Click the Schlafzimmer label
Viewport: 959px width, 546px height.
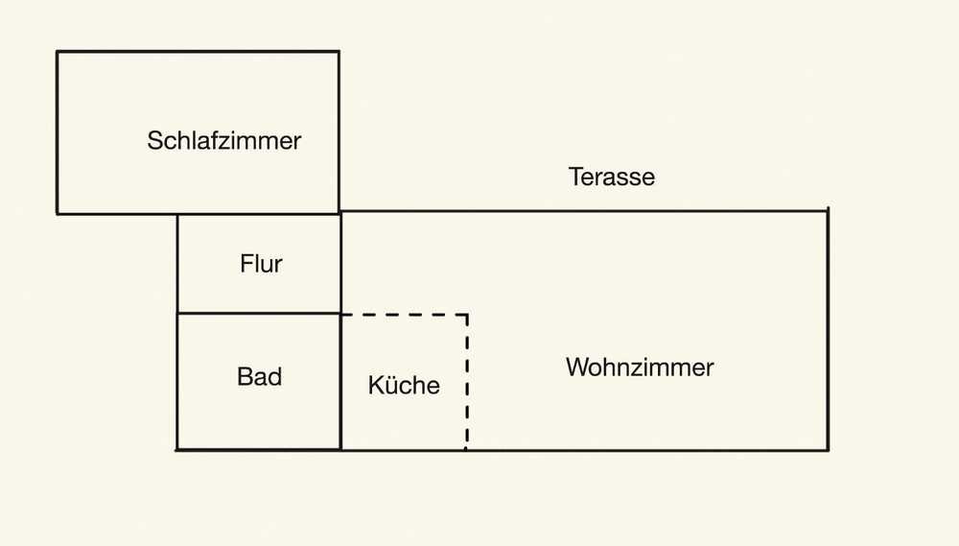(223, 141)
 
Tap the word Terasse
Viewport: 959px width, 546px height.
(611, 177)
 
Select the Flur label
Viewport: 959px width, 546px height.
(261, 263)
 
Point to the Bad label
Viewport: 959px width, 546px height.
(259, 376)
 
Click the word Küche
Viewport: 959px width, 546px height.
(404, 386)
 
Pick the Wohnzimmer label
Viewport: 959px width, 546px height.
(640, 367)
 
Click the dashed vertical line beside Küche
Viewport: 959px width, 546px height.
(467, 384)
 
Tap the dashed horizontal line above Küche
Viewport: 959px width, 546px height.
(403, 315)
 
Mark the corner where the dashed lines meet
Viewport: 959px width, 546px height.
(467, 315)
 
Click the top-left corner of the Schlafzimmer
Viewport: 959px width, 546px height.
(58, 52)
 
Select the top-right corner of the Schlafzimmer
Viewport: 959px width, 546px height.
(339, 52)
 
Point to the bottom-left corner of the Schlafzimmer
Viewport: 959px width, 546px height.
(58, 213)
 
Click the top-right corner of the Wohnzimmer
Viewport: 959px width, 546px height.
(827, 210)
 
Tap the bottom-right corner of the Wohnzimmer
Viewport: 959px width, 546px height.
(828, 449)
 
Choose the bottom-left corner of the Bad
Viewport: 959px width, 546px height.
(177, 449)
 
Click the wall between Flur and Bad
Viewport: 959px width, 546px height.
(259, 313)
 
